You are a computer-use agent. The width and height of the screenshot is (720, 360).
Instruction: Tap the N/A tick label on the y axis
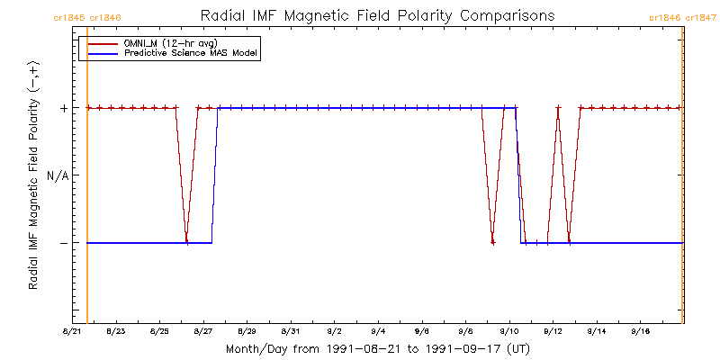point(57,175)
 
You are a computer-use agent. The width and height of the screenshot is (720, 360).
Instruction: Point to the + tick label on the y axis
point(64,108)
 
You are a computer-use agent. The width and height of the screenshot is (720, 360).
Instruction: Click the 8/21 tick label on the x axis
point(72,332)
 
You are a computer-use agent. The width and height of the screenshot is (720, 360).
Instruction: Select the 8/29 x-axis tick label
point(247,332)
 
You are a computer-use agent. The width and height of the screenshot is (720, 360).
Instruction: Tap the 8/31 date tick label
point(291,332)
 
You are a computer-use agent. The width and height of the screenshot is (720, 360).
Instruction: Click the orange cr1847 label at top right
point(701,17)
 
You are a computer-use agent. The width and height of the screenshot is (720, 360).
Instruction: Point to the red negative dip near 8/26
point(186,241)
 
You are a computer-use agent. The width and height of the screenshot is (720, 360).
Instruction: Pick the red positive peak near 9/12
point(558,109)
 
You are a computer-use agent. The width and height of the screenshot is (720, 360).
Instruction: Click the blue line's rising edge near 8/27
point(214,175)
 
